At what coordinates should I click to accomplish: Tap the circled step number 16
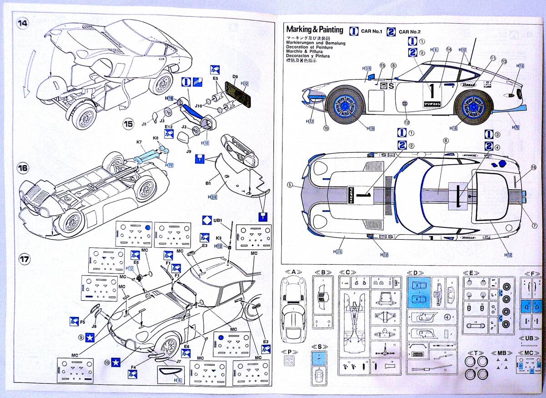(x=23, y=168)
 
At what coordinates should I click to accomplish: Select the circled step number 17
(x=24, y=259)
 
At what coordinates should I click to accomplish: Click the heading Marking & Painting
(x=315, y=30)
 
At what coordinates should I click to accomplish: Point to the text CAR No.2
(x=409, y=31)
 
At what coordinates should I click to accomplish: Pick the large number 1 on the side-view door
(x=432, y=91)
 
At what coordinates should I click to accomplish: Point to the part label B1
(x=208, y=183)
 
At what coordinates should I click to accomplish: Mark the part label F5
(x=83, y=322)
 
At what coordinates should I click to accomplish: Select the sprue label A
(x=293, y=272)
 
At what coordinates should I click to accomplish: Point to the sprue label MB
(x=501, y=353)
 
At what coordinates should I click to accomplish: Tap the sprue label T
(x=475, y=353)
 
